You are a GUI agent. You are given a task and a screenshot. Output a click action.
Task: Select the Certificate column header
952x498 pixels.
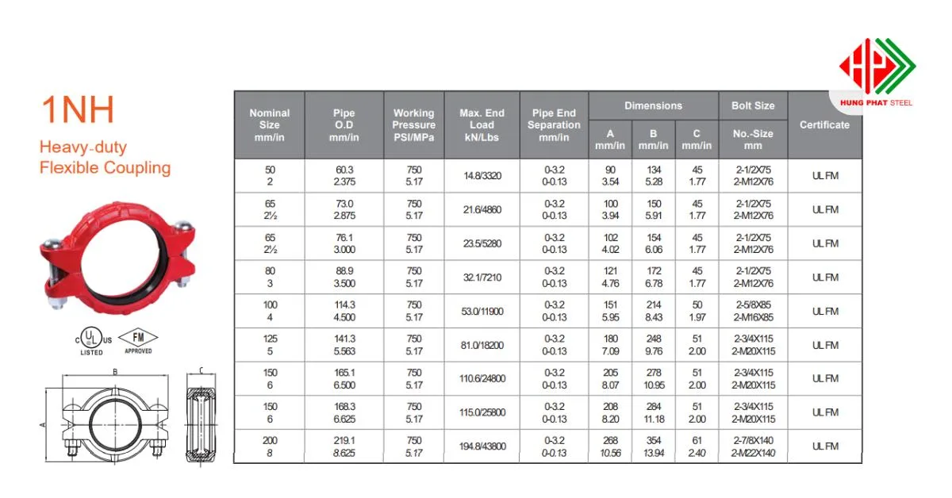point(824,125)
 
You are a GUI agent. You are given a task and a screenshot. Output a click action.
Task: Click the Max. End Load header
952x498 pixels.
point(482,125)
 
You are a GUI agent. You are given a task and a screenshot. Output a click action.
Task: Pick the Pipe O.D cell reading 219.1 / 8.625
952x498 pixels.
point(344,446)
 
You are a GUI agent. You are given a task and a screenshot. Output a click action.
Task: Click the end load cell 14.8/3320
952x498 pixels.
point(482,176)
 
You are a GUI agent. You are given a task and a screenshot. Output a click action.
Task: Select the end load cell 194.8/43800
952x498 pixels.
point(482,446)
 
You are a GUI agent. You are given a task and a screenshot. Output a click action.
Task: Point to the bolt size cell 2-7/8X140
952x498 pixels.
point(753,440)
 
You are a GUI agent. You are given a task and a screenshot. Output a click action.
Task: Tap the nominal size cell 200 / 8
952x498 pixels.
point(269,446)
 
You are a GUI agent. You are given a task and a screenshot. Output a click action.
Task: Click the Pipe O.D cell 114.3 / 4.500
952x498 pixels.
point(344,311)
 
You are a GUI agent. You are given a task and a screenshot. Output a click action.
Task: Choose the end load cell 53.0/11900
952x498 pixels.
point(482,311)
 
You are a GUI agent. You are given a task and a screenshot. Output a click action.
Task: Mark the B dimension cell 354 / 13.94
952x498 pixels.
point(654,446)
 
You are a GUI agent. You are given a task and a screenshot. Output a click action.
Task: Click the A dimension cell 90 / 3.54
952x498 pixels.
point(610,176)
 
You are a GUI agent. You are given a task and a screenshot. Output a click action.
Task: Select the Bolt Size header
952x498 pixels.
point(753,105)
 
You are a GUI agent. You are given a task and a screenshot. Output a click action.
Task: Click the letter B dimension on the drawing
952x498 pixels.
point(114,370)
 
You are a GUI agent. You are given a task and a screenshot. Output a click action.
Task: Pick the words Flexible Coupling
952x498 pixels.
point(105,167)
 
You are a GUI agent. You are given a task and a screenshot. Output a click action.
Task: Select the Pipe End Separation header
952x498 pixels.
point(554,125)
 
